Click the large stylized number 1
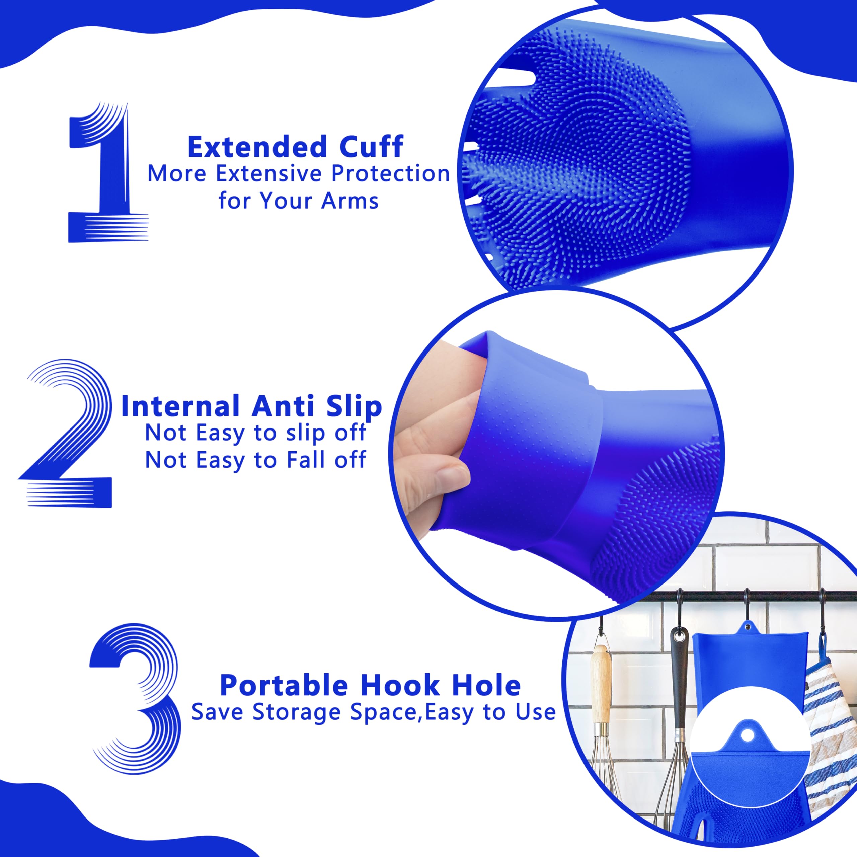106,177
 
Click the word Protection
390,174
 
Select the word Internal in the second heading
180,406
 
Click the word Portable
284,685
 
